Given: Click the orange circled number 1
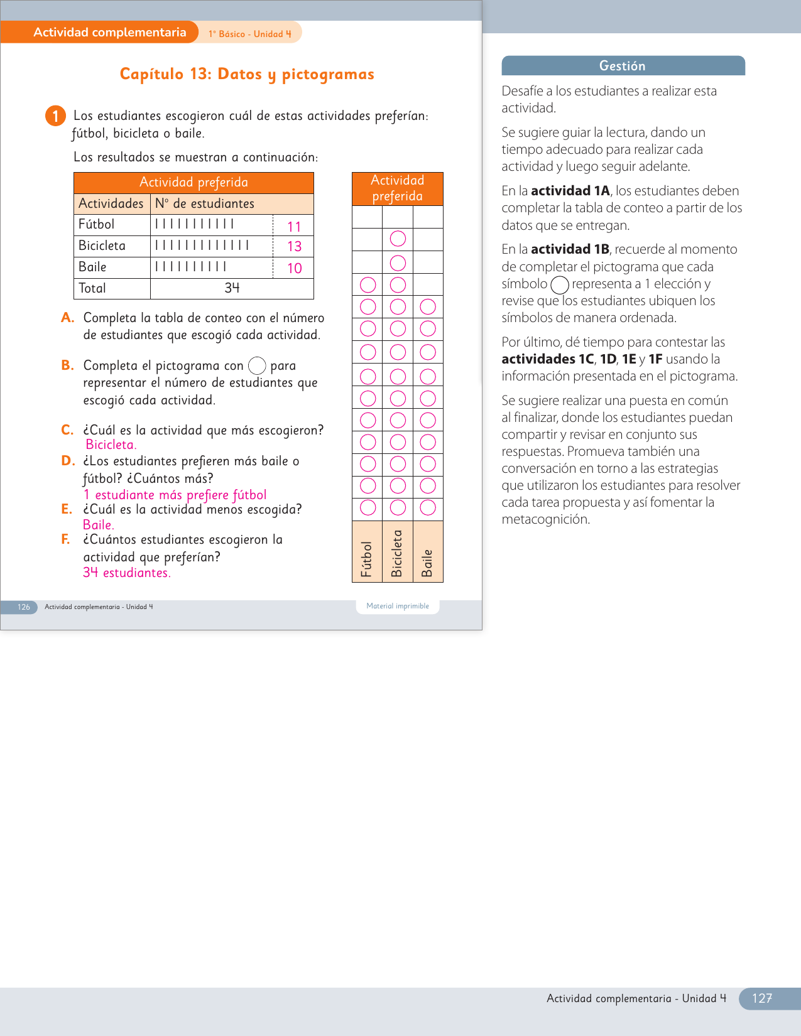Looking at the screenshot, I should (x=55, y=116).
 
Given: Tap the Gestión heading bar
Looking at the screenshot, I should (x=623, y=66).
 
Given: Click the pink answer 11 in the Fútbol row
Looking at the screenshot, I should (x=294, y=227).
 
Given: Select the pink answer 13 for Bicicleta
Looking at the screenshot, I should (x=294, y=246).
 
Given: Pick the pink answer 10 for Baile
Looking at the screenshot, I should (x=294, y=268).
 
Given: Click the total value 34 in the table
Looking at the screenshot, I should (x=232, y=288).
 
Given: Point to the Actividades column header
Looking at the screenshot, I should (x=111, y=203).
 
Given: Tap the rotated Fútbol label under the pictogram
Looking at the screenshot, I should (x=367, y=559).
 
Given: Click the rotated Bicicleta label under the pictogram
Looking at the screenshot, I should (x=397, y=554).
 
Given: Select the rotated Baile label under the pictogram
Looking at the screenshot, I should (x=428, y=563).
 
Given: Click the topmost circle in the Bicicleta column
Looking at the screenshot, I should (x=398, y=239).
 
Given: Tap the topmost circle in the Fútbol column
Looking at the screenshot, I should (x=368, y=285).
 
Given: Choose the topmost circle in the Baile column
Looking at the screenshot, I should (x=428, y=307).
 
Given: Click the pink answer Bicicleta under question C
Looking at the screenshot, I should (x=111, y=445).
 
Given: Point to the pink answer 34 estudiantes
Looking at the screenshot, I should (x=126, y=573).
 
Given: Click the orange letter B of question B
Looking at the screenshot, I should (x=67, y=365).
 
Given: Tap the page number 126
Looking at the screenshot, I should (x=24, y=607).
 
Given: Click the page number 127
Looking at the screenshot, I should (x=761, y=998).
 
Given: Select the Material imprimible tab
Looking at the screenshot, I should (x=398, y=606).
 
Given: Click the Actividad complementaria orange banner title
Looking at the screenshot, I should (x=109, y=33).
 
